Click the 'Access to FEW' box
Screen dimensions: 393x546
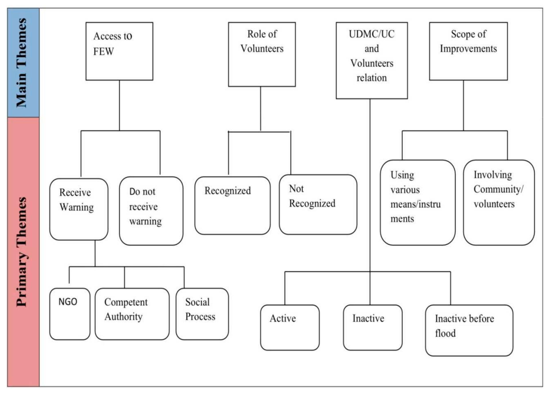(119, 51)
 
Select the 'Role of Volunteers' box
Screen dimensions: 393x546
(261, 54)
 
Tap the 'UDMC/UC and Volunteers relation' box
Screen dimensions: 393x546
(371, 60)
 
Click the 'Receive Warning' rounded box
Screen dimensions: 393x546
(79, 209)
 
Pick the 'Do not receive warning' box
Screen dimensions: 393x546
(151, 211)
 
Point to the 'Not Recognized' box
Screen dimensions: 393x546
(318, 204)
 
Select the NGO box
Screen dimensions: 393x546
(70, 314)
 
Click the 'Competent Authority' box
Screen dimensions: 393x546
(132, 314)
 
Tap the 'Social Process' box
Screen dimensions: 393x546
(202, 314)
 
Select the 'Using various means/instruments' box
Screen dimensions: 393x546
(417, 202)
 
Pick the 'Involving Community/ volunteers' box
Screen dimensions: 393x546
(498, 202)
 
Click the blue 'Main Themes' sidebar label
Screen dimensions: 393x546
(23, 63)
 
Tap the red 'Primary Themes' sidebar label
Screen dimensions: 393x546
(23, 252)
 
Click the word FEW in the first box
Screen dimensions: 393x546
(103, 52)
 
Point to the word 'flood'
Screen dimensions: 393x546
(445, 333)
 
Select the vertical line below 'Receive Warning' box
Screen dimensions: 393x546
(95, 253)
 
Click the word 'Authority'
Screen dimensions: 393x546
(123, 317)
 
